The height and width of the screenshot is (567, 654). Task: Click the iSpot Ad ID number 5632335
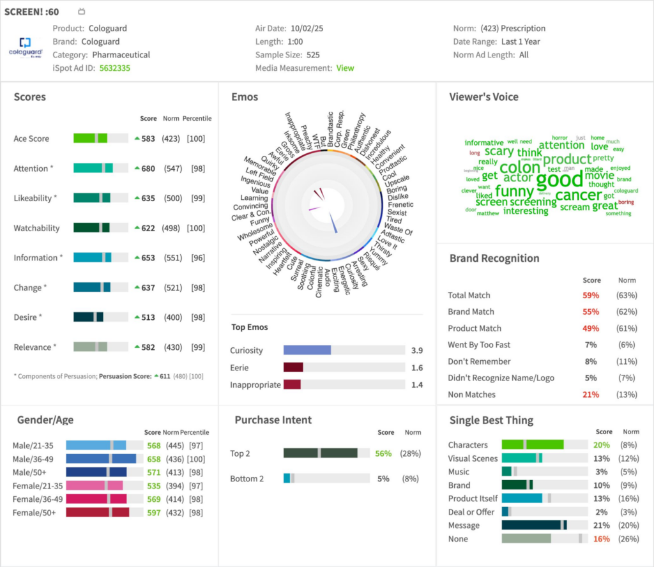point(115,68)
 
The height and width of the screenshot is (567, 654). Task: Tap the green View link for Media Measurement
point(345,68)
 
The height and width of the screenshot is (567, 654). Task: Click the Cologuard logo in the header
point(25,47)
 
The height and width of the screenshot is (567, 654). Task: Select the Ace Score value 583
point(148,139)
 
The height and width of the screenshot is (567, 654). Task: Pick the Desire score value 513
point(148,317)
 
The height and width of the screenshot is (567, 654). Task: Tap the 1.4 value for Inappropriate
point(416,384)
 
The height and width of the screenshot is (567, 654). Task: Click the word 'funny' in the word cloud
point(514,191)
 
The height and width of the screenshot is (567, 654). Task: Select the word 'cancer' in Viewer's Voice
point(578,195)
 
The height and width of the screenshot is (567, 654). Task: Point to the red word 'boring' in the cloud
point(626,202)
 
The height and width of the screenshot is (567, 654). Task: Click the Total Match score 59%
point(591,296)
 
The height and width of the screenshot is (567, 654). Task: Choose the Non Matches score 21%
point(591,395)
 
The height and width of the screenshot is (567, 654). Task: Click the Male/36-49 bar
point(101,458)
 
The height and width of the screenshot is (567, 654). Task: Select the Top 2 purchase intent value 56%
point(383,453)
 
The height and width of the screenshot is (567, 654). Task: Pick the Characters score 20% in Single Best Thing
point(601,445)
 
